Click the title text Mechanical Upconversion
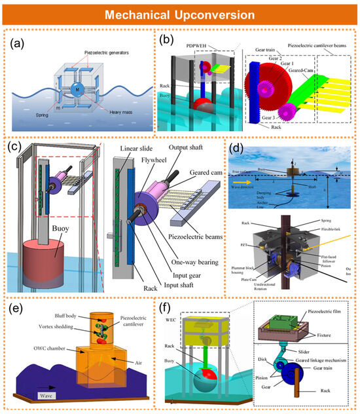pyautogui.click(x=180, y=14)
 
